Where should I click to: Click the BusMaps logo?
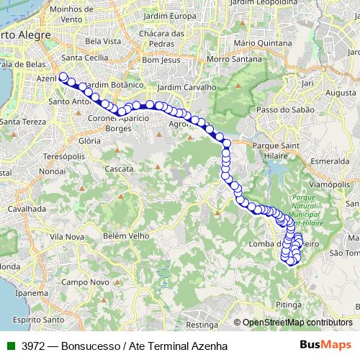click(325, 345)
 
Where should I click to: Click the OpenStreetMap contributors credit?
click(297, 323)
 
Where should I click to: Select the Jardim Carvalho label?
click(186, 87)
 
